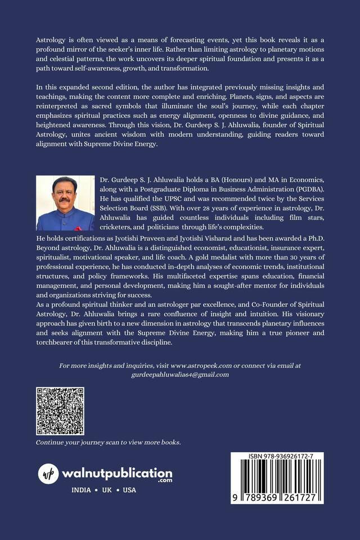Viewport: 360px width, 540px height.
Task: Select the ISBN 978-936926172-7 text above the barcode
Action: tap(277, 457)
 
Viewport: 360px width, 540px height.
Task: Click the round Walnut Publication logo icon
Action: tap(48, 474)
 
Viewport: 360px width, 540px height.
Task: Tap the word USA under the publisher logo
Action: tap(129, 490)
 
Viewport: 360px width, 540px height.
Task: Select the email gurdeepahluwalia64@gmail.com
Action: tap(180, 375)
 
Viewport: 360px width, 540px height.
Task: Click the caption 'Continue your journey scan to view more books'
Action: tap(109, 442)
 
